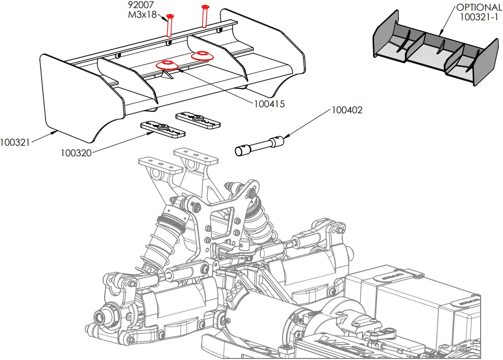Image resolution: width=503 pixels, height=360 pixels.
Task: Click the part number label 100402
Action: pos(347,110)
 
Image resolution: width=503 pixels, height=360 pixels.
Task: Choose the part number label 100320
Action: pos(76,153)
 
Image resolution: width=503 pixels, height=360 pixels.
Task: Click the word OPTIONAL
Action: pos(479,8)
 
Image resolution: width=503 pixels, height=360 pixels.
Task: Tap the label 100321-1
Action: pos(479,17)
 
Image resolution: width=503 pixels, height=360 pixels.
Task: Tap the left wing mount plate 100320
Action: pos(162,128)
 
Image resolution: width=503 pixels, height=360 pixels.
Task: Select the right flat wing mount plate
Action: pos(198,119)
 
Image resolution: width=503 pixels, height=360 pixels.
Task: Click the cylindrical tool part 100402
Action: pos(259,145)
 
